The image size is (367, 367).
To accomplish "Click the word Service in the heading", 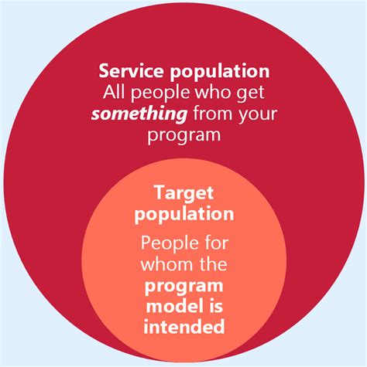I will (x=128, y=72).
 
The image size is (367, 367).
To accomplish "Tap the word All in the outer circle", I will (x=115, y=93).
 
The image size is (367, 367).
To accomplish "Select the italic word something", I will (x=136, y=115).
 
